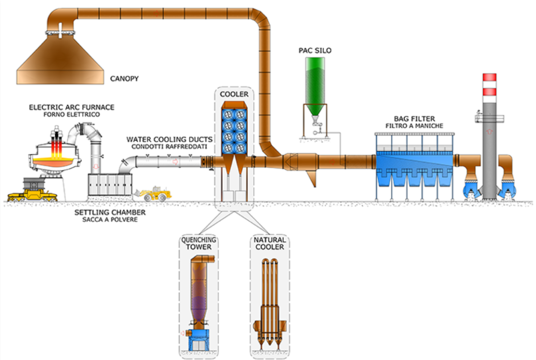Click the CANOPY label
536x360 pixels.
127,79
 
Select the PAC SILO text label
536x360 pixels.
315,51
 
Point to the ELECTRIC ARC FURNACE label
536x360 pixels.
71,107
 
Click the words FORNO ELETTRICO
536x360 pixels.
71,115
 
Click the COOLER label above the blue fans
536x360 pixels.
234,94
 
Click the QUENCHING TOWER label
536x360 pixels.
198,243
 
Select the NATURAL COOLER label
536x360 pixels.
270,243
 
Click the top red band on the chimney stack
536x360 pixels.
489,78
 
